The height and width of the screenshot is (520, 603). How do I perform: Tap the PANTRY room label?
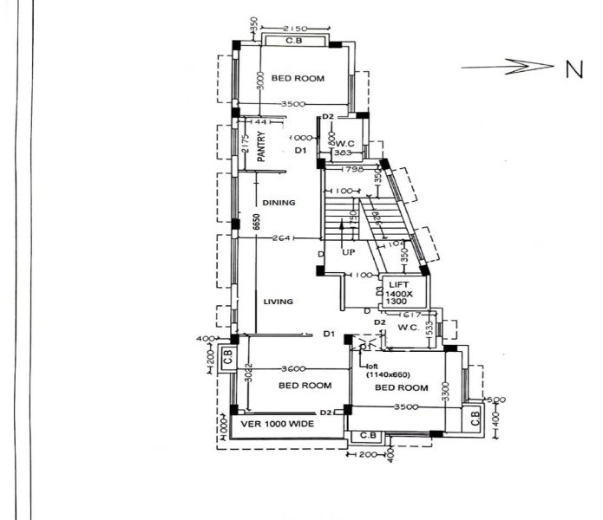coord(260,147)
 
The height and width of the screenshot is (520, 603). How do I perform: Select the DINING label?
coord(279,203)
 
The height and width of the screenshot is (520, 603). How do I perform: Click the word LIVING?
coord(279,302)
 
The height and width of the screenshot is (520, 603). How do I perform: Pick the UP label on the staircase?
coord(348,252)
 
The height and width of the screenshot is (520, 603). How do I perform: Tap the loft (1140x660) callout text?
coord(383,371)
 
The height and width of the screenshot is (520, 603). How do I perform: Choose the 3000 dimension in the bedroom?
coord(260,85)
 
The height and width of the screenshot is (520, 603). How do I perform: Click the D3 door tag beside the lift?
coord(378,292)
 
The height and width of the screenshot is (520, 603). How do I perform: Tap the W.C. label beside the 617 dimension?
coord(410,328)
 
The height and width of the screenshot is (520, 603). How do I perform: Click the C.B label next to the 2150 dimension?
coord(295,41)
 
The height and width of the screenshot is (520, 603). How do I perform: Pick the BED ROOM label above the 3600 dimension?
coord(305,385)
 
